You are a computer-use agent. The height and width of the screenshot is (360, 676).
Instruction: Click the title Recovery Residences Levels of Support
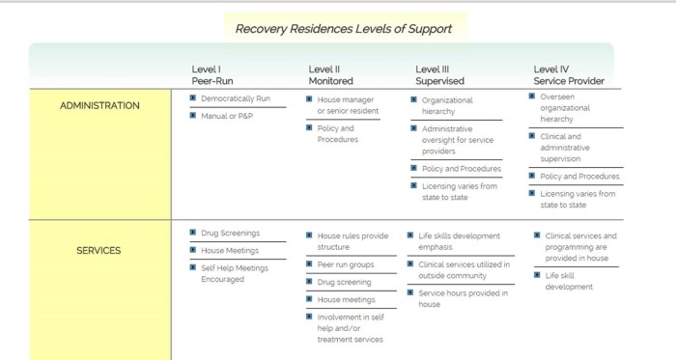click(x=344, y=28)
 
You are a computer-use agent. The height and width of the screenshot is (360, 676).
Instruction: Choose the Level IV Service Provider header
click(x=569, y=74)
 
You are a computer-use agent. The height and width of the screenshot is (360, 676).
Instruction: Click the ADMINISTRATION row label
click(x=99, y=105)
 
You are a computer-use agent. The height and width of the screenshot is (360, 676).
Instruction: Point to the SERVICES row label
click(x=99, y=251)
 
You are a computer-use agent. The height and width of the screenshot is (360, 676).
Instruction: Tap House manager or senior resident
click(x=348, y=105)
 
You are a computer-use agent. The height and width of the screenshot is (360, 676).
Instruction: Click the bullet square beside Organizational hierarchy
click(x=412, y=99)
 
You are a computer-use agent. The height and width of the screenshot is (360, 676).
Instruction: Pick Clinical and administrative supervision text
click(x=566, y=148)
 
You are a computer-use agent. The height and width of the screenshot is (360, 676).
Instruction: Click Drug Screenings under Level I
click(x=230, y=233)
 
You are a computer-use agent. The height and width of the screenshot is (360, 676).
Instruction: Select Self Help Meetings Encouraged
click(x=236, y=272)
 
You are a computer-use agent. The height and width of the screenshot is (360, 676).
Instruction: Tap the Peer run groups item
click(x=347, y=263)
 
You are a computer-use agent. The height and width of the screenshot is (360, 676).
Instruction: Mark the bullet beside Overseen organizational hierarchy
click(x=531, y=96)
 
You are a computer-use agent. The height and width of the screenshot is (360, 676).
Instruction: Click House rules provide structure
click(x=352, y=240)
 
